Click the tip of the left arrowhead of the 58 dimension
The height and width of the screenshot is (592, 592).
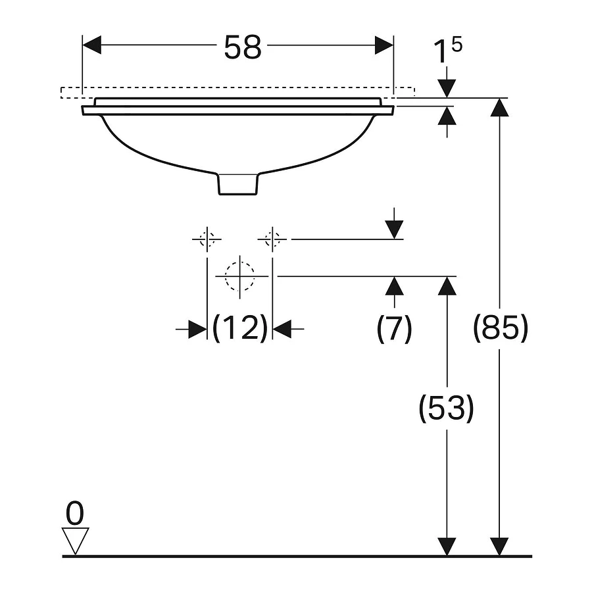83,45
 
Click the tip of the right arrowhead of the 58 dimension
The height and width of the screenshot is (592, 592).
393,45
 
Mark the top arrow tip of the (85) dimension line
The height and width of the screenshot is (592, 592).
499,98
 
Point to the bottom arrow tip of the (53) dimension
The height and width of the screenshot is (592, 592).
447,556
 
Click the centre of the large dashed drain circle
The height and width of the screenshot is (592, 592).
239,276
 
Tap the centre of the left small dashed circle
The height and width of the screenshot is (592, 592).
207,239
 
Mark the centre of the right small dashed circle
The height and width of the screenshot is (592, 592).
272,239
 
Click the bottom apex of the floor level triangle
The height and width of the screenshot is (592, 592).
76,555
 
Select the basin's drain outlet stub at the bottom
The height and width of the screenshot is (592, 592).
238,184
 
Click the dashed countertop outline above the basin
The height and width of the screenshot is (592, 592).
238,93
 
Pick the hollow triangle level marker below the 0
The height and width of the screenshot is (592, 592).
76,541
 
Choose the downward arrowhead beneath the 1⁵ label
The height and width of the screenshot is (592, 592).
447,89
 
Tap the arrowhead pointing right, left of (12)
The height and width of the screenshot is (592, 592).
197,330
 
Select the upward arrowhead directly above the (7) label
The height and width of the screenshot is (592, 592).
395,285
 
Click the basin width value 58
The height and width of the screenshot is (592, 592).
242,47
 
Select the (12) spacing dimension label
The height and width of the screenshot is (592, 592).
240,328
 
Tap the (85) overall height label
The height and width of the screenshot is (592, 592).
501,328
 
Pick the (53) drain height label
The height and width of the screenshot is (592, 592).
446,408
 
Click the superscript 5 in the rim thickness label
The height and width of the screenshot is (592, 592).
456,45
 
